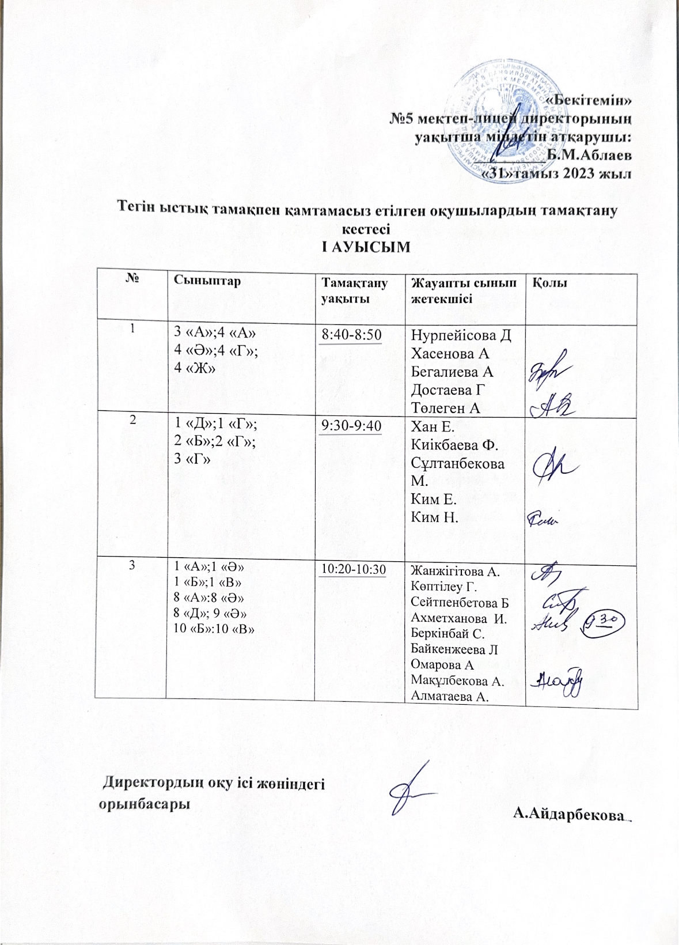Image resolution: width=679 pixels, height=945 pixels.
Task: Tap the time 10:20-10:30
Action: [353, 569]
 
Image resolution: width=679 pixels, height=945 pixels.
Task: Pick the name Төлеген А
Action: [446, 408]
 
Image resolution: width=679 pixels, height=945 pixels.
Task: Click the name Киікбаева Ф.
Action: [454, 445]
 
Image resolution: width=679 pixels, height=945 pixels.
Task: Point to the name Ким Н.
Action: [434, 517]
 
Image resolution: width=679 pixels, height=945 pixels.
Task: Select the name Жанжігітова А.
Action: [456, 572]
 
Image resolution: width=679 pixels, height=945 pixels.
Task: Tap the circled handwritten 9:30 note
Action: [604, 623]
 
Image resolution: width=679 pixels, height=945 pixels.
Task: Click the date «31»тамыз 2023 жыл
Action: [556, 173]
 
